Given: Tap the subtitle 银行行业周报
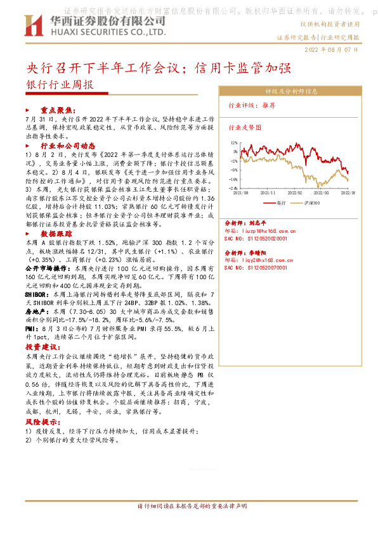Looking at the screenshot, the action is tap(59, 85).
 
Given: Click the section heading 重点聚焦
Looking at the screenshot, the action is tap(57, 110).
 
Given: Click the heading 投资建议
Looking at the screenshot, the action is tap(42, 348).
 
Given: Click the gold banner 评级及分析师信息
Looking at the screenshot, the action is tap(290, 91).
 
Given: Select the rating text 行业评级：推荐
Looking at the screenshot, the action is tap(251, 106).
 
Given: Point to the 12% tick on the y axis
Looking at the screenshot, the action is tap(234, 143).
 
